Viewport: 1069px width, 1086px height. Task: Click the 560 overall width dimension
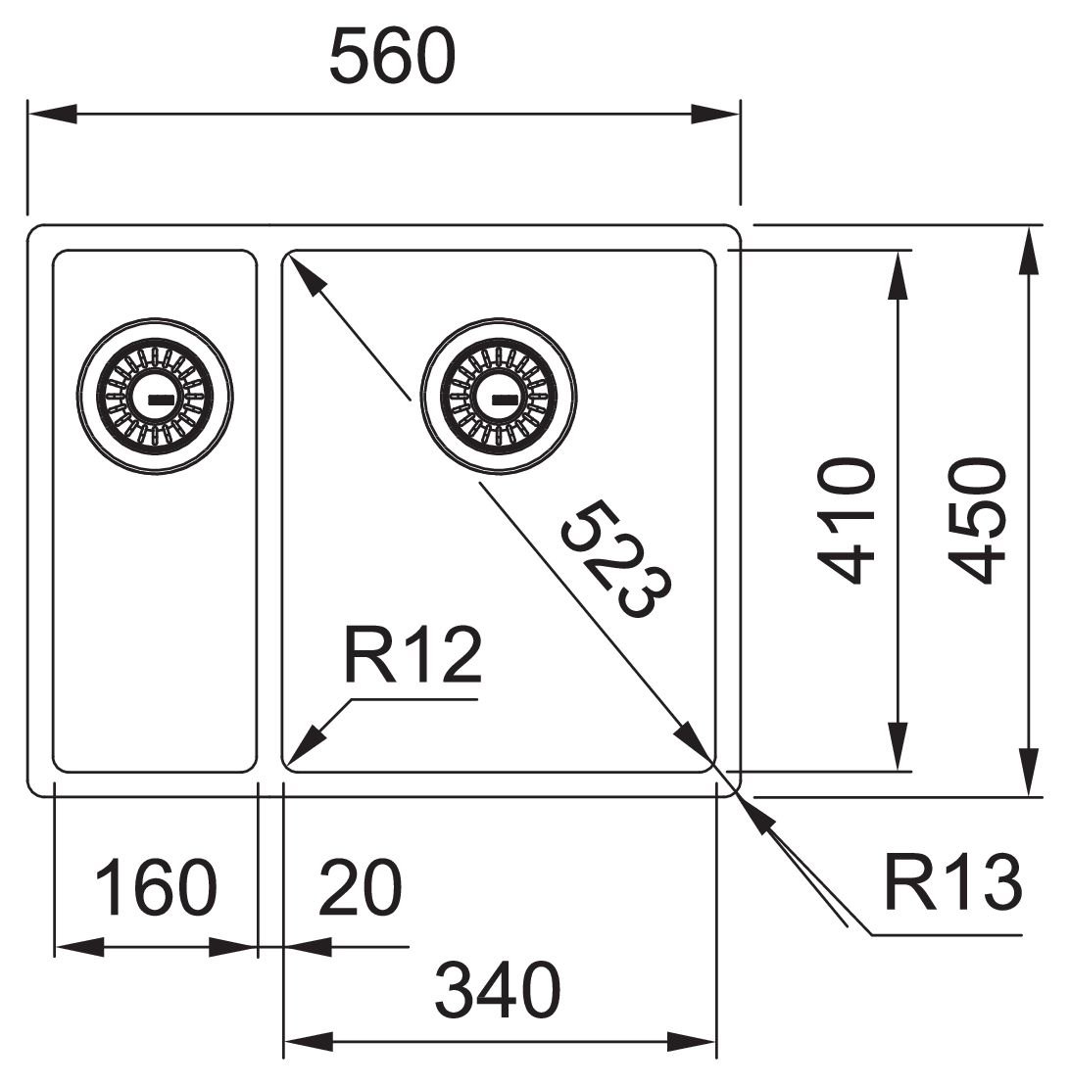(x=392, y=57)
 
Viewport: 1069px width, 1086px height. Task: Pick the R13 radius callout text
(x=952, y=883)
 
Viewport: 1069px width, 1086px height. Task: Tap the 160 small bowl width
(x=155, y=887)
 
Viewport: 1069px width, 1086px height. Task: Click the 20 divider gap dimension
(x=361, y=887)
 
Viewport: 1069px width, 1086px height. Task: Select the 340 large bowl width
(x=498, y=990)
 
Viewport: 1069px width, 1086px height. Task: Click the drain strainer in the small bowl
(x=155, y=397)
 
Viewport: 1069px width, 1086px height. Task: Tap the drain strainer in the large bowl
(x=498, y=397)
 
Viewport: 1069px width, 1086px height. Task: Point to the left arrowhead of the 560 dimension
(x=51, y=114)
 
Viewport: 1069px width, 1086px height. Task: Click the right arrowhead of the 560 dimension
(x=715, y=114)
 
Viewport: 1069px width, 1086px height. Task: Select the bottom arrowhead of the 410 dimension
(x=898, y=746)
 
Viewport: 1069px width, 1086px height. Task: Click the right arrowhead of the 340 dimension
(x=692, y=1041)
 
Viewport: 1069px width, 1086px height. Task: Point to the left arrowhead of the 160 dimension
(x=79, y=947)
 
